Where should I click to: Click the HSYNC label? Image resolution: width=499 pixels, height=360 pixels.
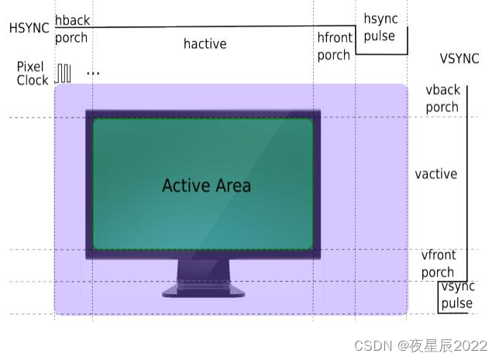(29, 28)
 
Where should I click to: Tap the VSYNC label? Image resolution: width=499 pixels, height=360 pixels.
(459, 57)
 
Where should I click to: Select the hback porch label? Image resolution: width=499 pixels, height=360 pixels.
(71, 29)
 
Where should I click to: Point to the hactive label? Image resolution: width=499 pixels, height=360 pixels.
(205, 44)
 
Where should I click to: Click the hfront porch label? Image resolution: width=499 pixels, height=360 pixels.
(335, 46)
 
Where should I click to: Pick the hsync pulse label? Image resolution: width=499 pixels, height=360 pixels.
(379, 27)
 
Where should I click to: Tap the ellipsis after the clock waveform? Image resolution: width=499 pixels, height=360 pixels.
(93, 74)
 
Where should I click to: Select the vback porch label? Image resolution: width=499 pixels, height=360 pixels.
(443, 98)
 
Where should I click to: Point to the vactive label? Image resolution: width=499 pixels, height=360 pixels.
(435, 174)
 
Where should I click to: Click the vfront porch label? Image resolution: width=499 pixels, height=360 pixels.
(438, 263)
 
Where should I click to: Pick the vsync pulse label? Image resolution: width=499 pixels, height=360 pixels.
(457, 295)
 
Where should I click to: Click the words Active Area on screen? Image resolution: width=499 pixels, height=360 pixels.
(206, 186)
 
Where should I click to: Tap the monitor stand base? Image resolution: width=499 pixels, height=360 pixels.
(203, 291)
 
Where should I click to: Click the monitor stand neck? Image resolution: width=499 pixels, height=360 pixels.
(203, 270)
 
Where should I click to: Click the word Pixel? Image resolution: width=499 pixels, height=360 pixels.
(30, 67)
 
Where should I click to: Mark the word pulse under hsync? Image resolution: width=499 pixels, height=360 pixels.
(379, 36)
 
